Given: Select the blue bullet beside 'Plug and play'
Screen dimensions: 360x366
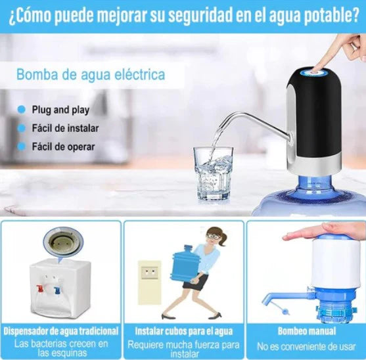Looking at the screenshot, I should (x=20, y=110).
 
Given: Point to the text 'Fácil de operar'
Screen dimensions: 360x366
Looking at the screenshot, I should (x=63, y=146).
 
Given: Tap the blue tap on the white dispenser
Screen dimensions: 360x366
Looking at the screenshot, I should (x=57, y=289).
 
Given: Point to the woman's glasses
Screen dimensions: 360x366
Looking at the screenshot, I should (x=212, y=235).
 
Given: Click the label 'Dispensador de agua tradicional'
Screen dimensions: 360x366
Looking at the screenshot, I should (x=61, y=331).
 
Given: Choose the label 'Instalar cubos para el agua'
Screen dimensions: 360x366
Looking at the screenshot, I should (x=183, y=331).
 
